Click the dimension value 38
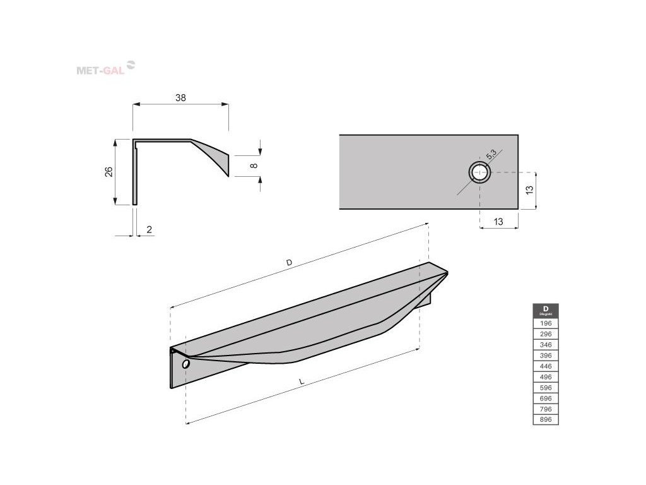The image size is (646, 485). pos(180,98)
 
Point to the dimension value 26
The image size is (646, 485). pos(108,172)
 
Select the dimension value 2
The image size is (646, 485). pos(149,230)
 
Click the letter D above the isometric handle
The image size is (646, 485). pos(289,262)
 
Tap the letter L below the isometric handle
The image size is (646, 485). pos(302,382)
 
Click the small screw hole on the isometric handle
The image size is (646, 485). pos(185,364)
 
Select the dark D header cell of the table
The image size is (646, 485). pos(546,311)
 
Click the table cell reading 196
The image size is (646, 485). pos(546,323)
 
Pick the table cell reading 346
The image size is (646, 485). pos(546,345)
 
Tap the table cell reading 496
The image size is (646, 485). pos(546,376)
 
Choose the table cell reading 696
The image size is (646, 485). pos(546,398)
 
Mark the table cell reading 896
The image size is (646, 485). pos(546,419)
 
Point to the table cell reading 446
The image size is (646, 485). pos(546,366)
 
